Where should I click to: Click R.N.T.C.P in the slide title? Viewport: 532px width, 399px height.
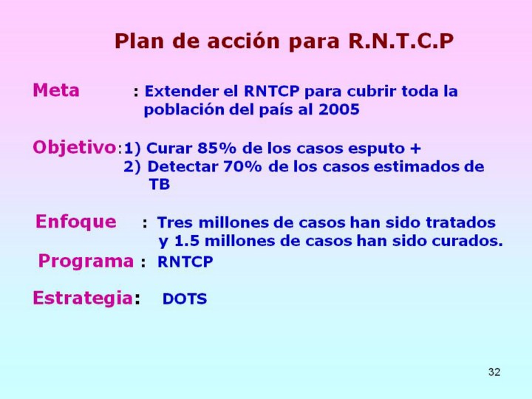[x=400, y=41]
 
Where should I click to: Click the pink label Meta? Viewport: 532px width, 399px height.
[x=56, y=90]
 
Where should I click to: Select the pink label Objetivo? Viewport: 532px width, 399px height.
[x=75, y=148]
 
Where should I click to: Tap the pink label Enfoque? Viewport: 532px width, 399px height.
[x=75, y=222]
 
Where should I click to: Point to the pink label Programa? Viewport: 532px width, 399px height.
[x=86, y=262]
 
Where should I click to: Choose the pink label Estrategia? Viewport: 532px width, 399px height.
[x=83, y=299]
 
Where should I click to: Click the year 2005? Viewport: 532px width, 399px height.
[x=338, y=109]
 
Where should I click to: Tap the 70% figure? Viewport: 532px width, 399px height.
[x=242, y=166]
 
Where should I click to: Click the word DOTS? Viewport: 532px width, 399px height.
[x=185, y=299]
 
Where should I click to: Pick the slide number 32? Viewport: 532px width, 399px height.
[x=494, y=372]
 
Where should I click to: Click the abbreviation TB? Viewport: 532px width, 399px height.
[x=159, y=185]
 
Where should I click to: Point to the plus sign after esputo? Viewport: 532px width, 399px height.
[x=415, y=149]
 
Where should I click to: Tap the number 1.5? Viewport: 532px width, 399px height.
[x=186, y=241]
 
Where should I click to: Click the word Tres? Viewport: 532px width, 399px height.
[x=175, y=222]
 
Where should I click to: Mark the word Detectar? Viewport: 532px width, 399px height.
[x=183, y=166]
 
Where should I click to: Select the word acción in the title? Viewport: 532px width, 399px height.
[x=243, y=41]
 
